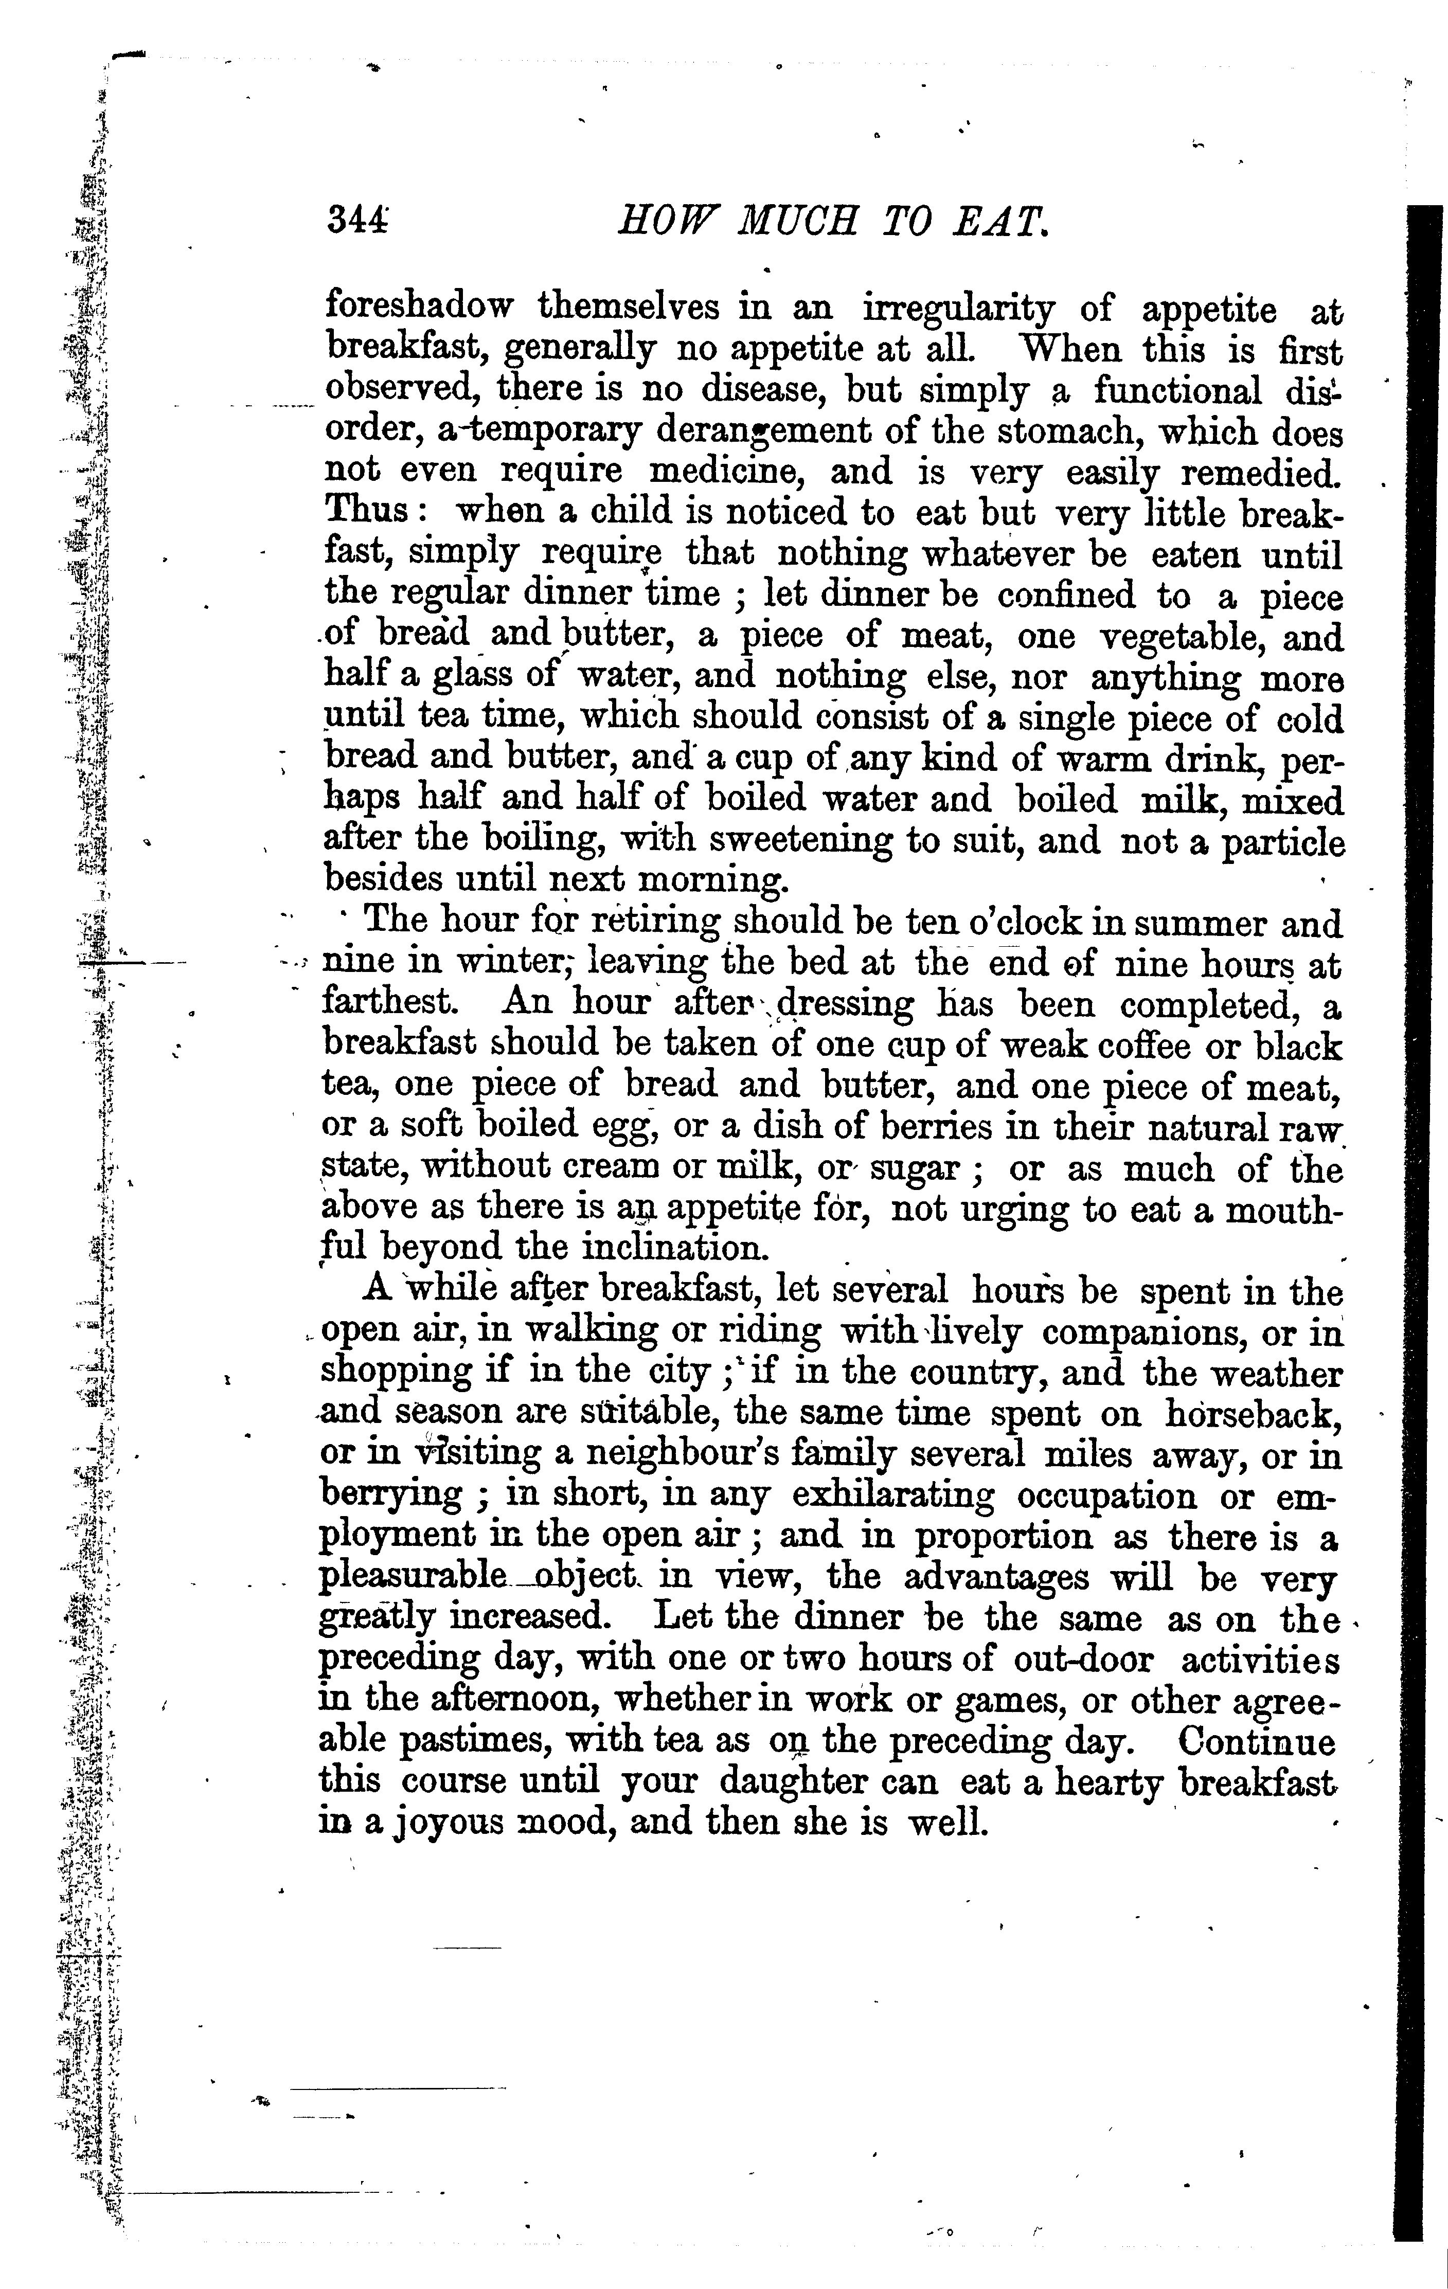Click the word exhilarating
pyautogui.click(x=893, y=1496)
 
